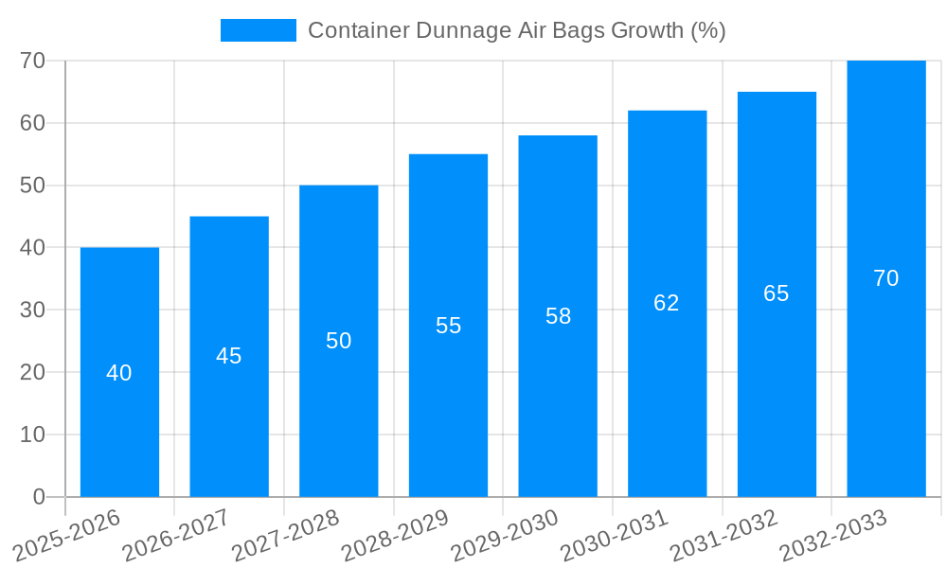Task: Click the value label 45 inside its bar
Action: pos(229,356)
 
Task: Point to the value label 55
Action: pos(449,326)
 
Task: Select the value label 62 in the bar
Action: pos(667,303)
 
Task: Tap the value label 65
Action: pos(777,293)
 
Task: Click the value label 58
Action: pos(559,316)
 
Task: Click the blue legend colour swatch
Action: pos(258,30)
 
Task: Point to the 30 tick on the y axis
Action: pos(33,310)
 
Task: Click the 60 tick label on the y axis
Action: pos(33,123)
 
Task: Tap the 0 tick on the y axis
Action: pos(39,497)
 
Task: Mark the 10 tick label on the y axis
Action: pos(33,435)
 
